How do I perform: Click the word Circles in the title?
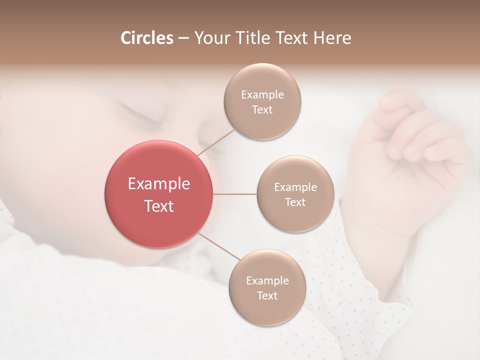[x=146, y=38]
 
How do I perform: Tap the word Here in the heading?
[x=332, y=38]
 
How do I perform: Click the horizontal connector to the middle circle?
[x=235, y=194]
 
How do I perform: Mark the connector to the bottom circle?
[x=219, y=246]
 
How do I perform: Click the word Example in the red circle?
[x=159, y=184]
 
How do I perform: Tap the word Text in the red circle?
[x=159, y=206]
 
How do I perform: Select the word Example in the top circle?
[x=262, y=94]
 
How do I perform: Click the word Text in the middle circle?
[x=295, y=202]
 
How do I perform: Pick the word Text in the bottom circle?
[x=267, y=295]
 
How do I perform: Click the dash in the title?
[x=183, y=38]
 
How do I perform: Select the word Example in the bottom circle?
[x=267, y=280]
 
